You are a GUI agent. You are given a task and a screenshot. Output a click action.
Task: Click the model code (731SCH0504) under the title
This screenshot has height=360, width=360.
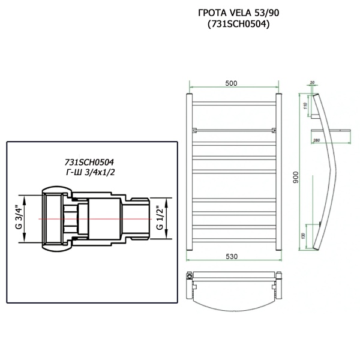(235, 25)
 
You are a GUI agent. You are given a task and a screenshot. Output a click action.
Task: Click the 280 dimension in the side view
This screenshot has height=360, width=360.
(317, 140)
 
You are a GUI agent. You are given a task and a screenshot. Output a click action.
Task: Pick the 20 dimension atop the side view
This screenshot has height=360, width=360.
(313, 83)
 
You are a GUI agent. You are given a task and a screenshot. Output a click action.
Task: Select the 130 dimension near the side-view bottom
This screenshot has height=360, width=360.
(304, 235)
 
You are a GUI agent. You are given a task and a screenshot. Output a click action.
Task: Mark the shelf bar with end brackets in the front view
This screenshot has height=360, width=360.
(233, 130)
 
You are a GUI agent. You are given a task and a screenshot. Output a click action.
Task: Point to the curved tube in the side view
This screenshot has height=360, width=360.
(328, 174)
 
